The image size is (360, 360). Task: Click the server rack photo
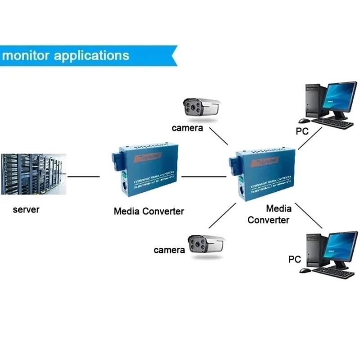(x=33, y=174)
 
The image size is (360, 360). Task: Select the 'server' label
(x=26, y=210)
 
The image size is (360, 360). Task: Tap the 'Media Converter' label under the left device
(x=149, y=211)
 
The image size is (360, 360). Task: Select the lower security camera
(x=207, y=246)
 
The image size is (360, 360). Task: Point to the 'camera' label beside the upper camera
(x=188, y=128)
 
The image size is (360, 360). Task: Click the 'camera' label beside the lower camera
(x=169, y=250)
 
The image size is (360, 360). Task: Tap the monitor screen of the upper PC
(x=341, y=97)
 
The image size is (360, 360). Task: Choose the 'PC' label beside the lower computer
(x=294, y=259)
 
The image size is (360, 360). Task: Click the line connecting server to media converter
(x=83, y=176)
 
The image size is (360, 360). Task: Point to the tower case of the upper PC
(x=315, y=100)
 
